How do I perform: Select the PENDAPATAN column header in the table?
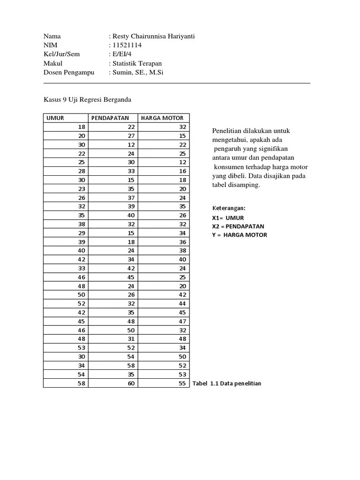coord(110,118)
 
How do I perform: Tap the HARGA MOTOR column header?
coord(162,118)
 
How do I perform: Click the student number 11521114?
coord(127,45)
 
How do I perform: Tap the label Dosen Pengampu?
coord(69,73)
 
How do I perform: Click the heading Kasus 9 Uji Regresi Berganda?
coord(88,99)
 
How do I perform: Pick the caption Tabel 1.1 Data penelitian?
coord(227,383)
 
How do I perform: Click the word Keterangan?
coord(229,208)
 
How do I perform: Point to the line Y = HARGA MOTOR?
coord(240,235)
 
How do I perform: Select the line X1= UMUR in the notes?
coord(228,217)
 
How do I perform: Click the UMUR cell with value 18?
coord(82,127)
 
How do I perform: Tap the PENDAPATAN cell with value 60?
coord(130,383)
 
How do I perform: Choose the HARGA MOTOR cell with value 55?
coord(182,383)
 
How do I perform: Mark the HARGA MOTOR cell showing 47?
coord(182,321)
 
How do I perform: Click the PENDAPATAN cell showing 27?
coord(130,136)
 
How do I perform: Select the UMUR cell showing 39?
coord(82,242)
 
